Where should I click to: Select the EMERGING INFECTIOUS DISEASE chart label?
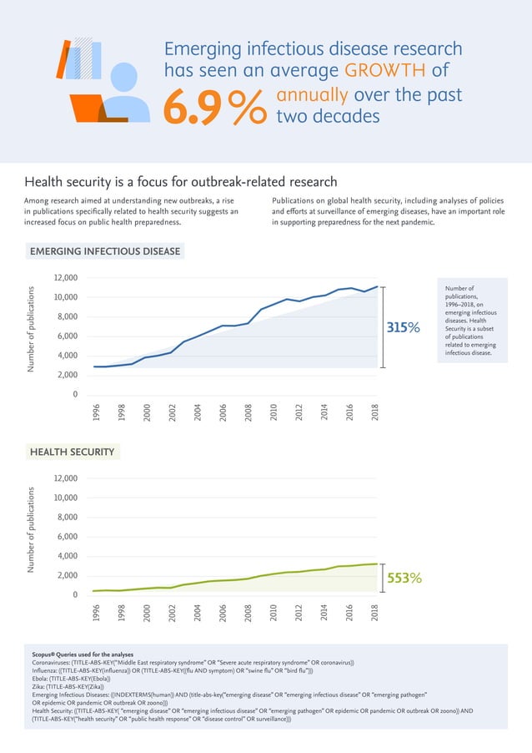coord(105,250)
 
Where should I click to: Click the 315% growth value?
coord(403,329)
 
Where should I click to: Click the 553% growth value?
coord(403,578)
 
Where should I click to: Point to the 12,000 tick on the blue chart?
coord(64,278)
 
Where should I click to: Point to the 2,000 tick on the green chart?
coord(67,576)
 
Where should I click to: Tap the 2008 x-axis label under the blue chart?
coord(248,412)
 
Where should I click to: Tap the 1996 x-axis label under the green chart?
coord(97,614)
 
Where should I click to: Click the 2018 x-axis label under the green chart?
coord(375,614)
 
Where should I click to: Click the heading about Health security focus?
coord(180,181)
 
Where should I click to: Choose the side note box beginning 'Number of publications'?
coord(472,321)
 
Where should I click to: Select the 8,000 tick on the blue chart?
coord(67,317)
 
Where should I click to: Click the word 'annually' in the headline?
coord(314,94)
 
